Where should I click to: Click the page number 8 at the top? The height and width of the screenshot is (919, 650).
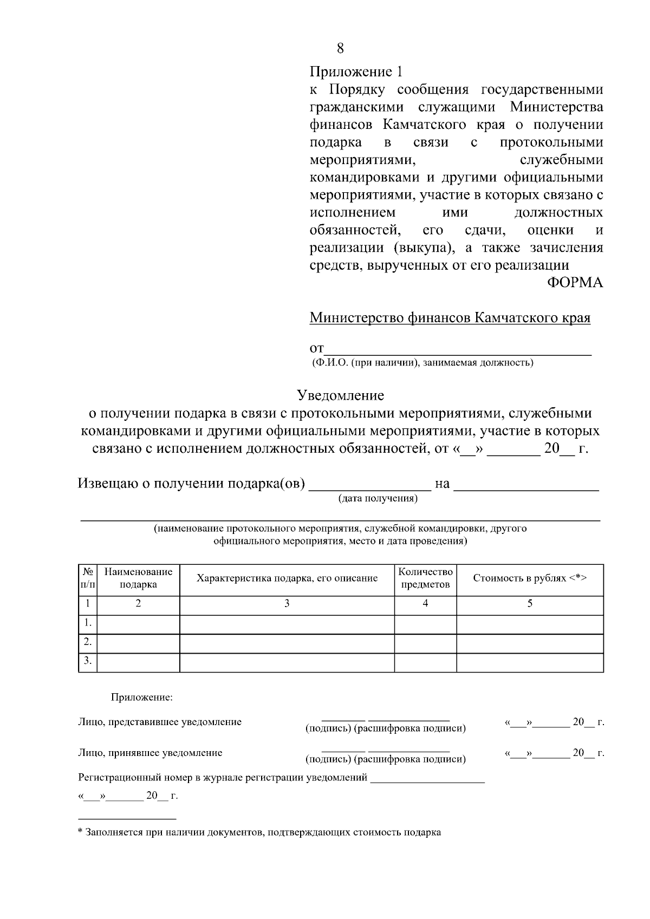coord(340,49)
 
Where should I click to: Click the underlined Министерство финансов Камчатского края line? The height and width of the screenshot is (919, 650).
coord(450,317)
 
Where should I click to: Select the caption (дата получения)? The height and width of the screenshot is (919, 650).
coord(378,499)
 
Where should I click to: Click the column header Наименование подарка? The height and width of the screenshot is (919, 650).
coord(138,578)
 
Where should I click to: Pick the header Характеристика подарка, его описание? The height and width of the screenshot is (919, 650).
coord(287,578)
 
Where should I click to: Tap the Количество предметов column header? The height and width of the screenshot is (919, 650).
coord(425,578)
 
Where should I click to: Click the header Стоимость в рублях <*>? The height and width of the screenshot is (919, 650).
coord(530,578)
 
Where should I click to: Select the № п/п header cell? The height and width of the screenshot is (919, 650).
coord(88,578)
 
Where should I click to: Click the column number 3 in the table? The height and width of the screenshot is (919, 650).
coord(287,603)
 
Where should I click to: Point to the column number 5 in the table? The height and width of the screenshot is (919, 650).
coord(530,603)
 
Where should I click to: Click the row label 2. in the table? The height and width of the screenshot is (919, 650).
coord(88,642)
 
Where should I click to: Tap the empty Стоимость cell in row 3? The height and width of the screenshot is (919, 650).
coord(530,662)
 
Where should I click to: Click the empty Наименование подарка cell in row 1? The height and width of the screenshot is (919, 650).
coord(138,623)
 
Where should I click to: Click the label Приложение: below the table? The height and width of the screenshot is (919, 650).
coord(141,698)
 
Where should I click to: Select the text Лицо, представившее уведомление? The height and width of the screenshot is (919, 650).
coord(160,722)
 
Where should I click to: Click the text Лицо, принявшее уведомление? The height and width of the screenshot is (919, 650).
coord(150,753)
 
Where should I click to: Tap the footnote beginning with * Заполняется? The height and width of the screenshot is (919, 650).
coord(259,832)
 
